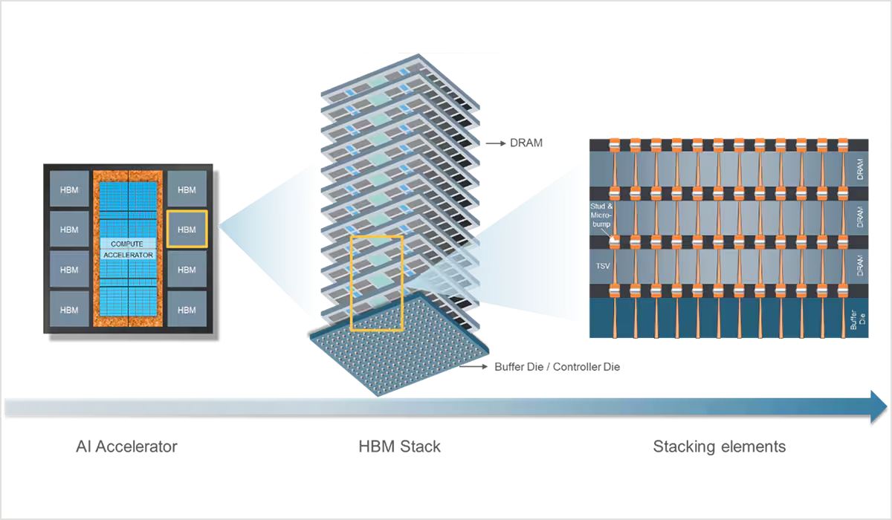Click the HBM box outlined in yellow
187,230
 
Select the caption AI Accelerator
127,447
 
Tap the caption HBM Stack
400,447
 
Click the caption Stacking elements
720,447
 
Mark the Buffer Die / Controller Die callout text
556,368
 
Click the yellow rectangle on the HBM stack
377,282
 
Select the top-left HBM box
69,190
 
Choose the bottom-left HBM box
69,309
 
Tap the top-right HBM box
187,190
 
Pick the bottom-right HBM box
187,309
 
